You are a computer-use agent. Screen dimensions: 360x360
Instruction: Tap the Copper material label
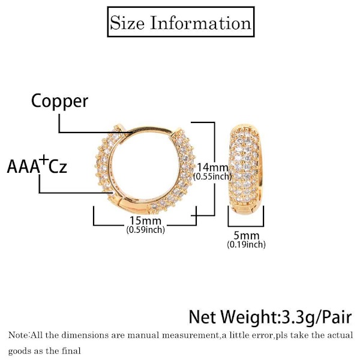(x=59, y=100)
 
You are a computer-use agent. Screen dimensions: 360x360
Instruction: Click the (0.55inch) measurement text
(x=212, y=176)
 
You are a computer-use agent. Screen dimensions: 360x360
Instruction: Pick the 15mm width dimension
(x=145, y=220)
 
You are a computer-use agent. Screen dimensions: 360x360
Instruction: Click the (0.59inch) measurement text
(x=145, y=230)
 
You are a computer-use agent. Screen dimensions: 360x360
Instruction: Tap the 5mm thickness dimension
(x=246, y=235)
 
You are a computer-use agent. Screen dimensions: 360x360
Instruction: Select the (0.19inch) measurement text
(x=246, y=244)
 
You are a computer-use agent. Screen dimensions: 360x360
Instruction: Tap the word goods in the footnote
(x=20, y=350)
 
